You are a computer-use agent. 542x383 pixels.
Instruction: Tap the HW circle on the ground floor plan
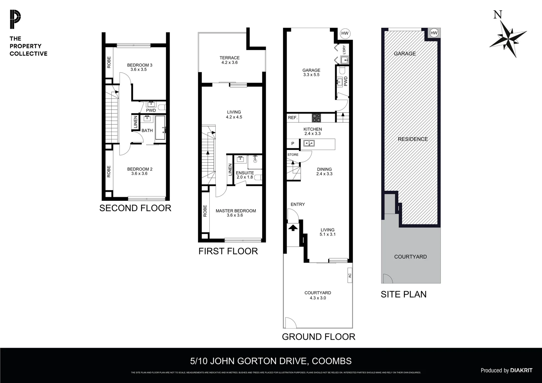tap(344, 34)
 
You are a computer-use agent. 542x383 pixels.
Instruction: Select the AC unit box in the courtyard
tap(349, 275)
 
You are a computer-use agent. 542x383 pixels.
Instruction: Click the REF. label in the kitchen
tap(293, 117)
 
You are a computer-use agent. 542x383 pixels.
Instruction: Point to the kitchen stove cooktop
tap(316, 117)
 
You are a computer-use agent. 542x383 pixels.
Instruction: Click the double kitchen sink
tap(308, 144)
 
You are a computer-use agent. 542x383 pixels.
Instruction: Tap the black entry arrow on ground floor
tap(293, 227)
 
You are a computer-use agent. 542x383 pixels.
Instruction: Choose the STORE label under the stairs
tap(293, 155)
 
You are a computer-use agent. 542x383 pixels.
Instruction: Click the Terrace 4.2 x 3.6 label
tap(229, 60)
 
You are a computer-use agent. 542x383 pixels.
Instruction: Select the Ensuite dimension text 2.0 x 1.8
tap(245, 177)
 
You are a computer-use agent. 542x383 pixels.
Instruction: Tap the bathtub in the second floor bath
tap(160, 128)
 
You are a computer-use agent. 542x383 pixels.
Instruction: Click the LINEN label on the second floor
tap(135, 122)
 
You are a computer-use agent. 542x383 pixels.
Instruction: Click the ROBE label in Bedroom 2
tap(109, 172)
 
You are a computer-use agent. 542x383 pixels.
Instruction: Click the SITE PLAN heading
tap(403, 294)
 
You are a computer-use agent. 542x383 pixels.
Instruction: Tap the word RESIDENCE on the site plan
tap(413, 139)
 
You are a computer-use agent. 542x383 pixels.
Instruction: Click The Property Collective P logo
tap(15, 20)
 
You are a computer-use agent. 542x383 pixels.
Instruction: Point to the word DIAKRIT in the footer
tap(521, 370)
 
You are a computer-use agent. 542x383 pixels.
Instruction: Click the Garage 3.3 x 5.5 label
tap(311, 72)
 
